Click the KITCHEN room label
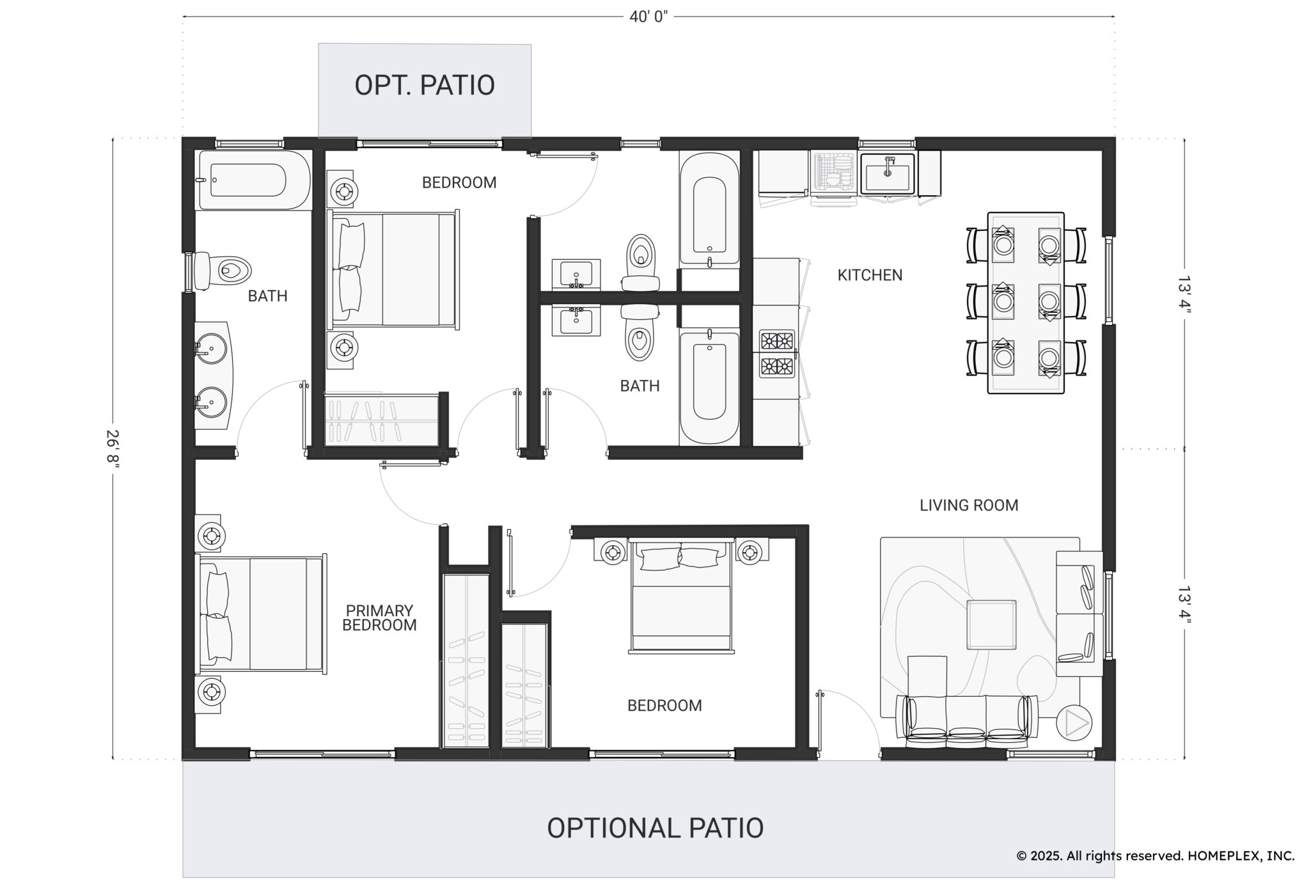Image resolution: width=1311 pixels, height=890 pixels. click(x=870, y=275)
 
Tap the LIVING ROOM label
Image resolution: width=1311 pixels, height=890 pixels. click(x=969, y=505)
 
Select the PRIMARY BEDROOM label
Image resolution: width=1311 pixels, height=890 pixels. click(x=379, y=618)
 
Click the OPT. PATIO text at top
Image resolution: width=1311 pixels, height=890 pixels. click(x=425, y=85)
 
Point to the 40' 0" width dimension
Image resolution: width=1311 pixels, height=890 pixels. click(x=648, y=17)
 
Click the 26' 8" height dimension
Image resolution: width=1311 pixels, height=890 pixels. click(x=113, y=449)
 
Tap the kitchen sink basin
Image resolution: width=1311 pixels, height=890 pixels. click(x=888, y=173)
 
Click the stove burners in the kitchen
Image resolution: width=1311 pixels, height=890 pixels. click(x=777, y=354)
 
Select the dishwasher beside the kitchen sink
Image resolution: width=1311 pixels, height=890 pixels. click(x=834, y=172)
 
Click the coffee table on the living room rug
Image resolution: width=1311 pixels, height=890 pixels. click(x=991, y=624)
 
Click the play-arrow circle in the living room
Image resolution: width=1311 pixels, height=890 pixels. click(x=1074, y=723)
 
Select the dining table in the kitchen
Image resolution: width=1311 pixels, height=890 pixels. click(x=1026, y=303)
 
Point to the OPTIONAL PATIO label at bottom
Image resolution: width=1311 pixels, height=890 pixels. click(x=655, y=827)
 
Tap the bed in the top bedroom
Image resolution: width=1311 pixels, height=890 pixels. click(x=393, y=269)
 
